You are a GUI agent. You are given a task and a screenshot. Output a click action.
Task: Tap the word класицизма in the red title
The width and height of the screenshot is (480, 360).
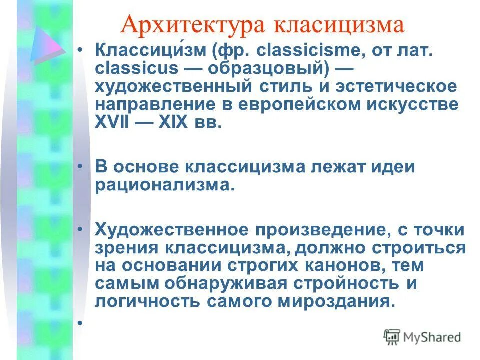tap(338, 25)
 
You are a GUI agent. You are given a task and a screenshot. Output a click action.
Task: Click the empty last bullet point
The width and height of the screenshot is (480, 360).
tap(80, 323)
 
